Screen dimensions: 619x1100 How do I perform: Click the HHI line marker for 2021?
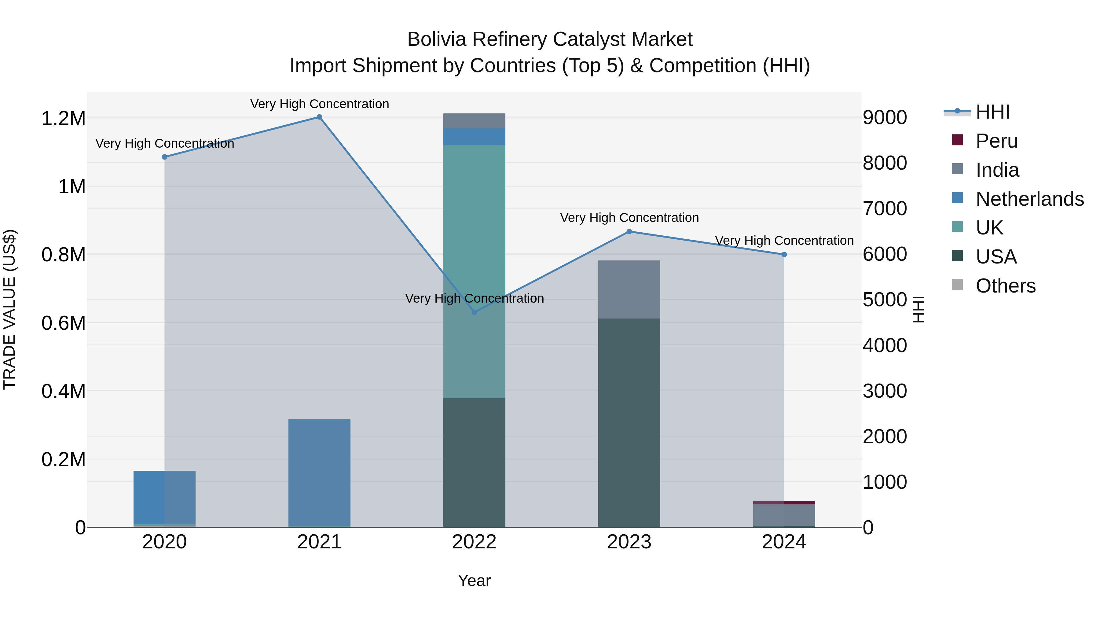click(x=319, y=117)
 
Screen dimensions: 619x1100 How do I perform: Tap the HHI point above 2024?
click(x=784, y=255)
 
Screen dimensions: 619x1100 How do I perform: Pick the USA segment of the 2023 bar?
click(x=629, y=423)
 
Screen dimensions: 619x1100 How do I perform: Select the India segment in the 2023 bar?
click(x=629, y=290)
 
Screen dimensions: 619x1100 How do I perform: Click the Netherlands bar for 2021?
click(x=319, y=472)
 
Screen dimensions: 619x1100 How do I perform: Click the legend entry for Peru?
click(x=997, y=141)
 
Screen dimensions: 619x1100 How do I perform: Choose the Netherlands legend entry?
click(x=1029, y=199)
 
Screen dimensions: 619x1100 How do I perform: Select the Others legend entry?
click(x=1005, y=286)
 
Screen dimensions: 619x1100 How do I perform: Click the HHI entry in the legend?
click(x=992, y=112)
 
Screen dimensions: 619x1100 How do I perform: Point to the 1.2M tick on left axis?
click(x=63, y=118)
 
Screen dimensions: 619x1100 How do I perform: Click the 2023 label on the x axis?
click(x=629, y=542)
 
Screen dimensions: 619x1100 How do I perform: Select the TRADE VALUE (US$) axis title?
click(x=9, y=309)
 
